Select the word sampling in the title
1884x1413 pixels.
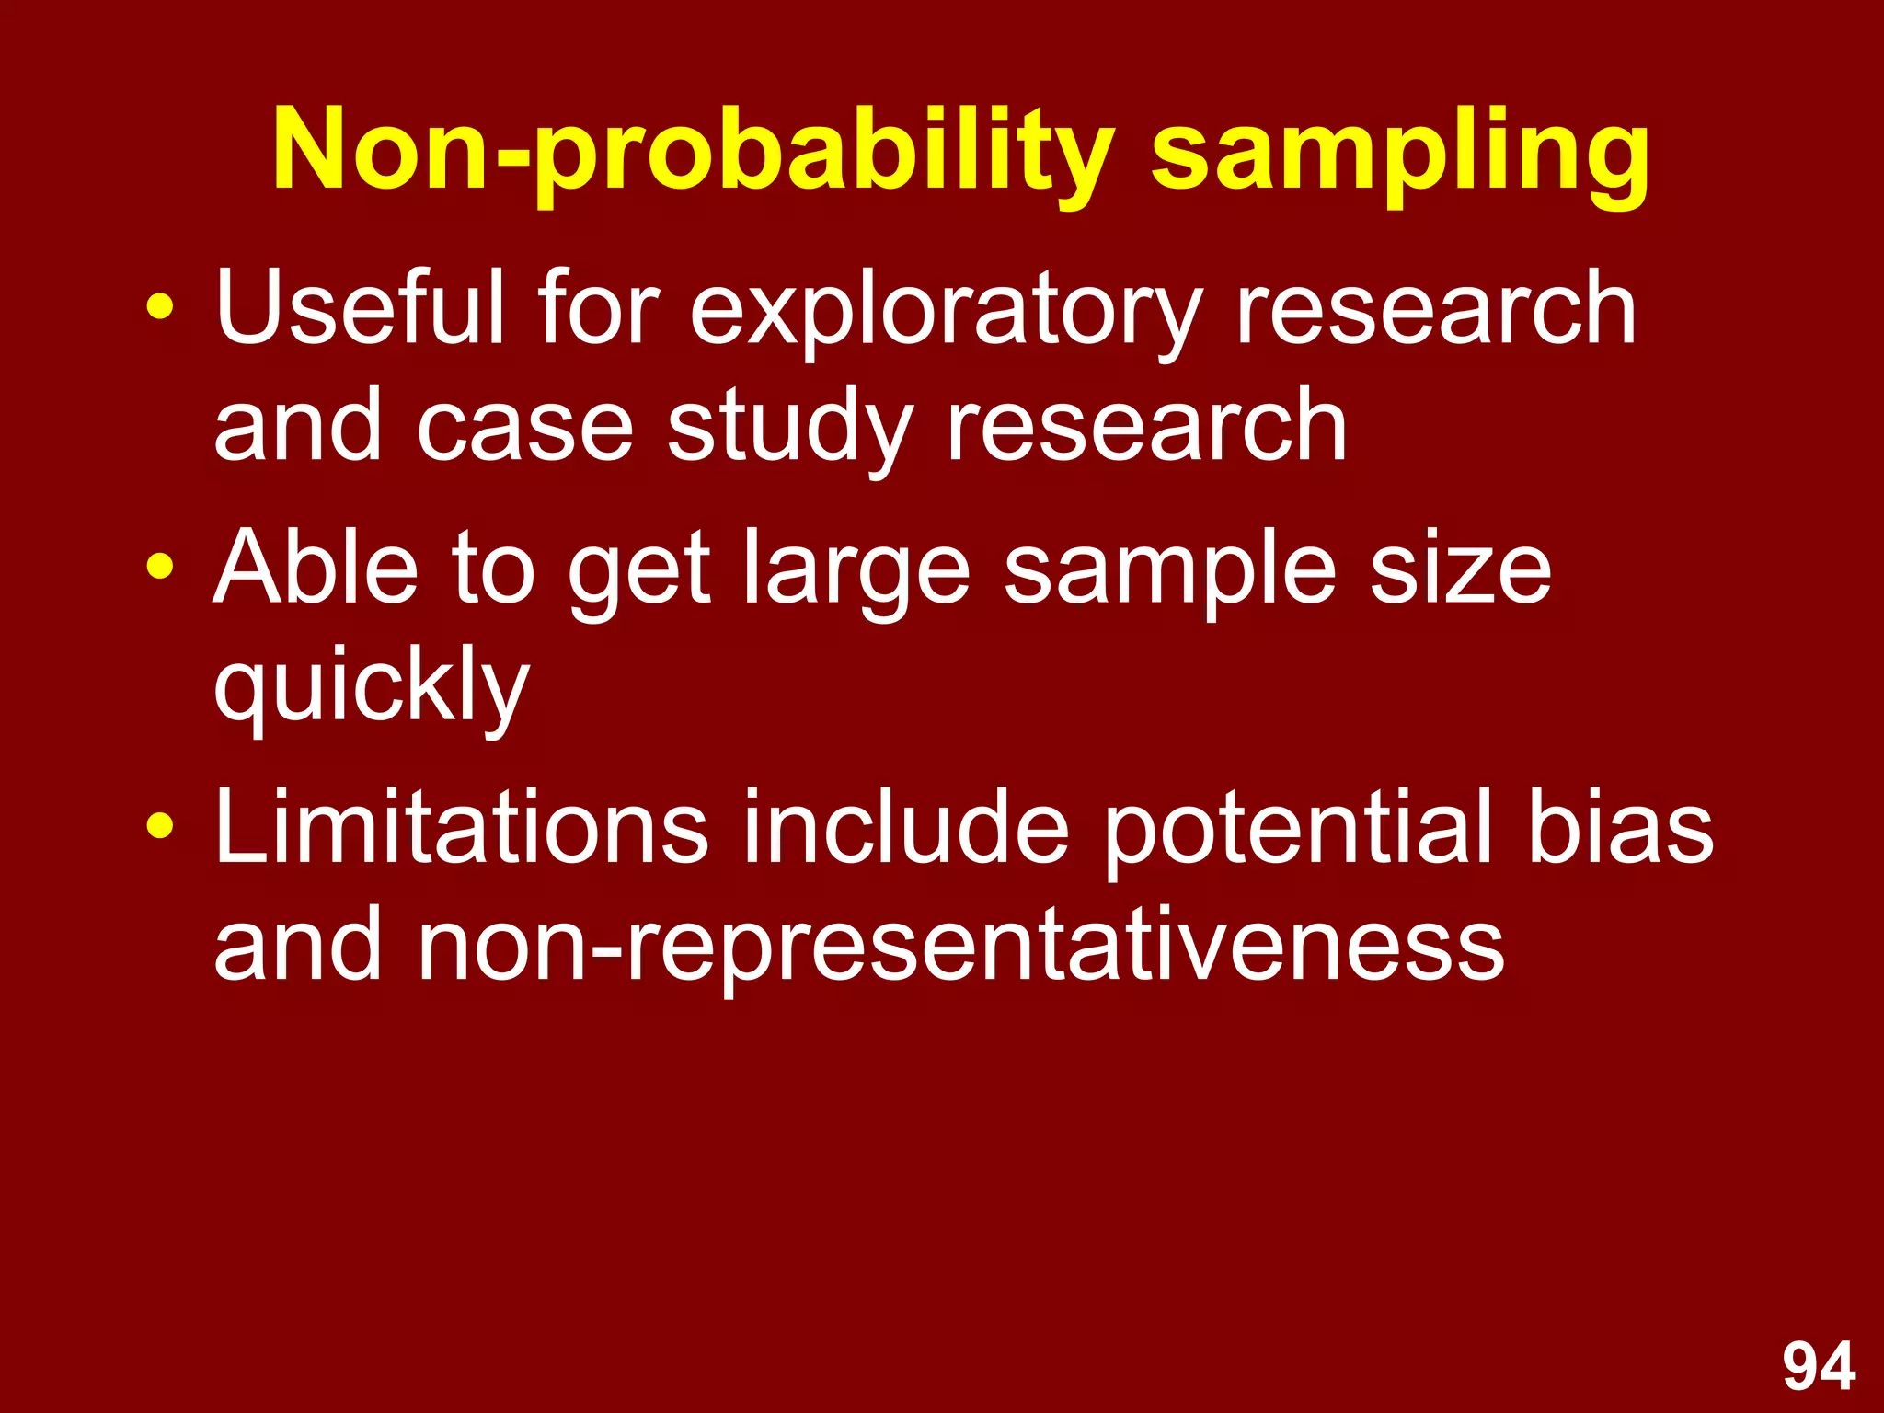tap(1400, 152)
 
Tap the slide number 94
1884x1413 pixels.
tap(1819, 1366)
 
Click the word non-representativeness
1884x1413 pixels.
tap(960, 948)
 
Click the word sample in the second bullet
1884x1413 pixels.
tap(1169, 572)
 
